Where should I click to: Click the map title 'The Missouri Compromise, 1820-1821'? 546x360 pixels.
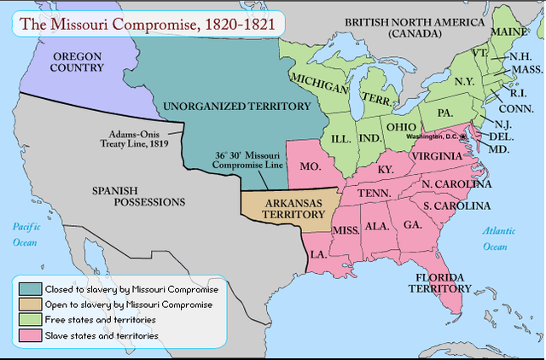147,25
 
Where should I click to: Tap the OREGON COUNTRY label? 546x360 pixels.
78,61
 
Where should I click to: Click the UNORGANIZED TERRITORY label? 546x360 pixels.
235,107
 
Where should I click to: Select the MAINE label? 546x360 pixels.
509,32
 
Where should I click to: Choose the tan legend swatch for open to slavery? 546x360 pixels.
32,305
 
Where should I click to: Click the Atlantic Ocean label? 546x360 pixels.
495,239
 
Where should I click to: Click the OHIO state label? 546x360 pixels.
402,126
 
